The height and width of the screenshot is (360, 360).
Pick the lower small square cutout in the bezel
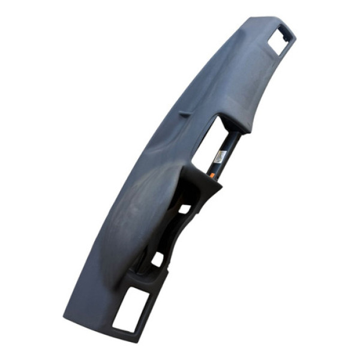pyautogui.click(x=157, y=259)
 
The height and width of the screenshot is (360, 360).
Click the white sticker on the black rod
pyautogui.click(x=220, y=157)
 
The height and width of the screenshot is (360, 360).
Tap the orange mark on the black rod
pyautogui.click(x=211, y=175)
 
